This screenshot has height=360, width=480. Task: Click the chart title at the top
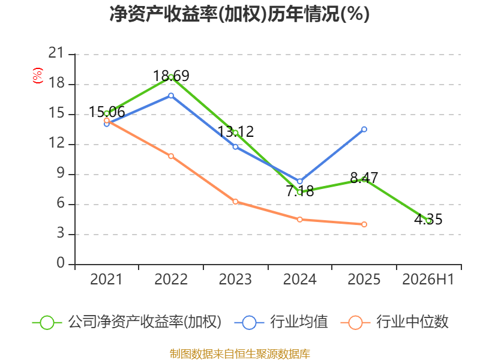coord(239,14)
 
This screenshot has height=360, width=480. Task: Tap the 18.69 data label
coord(171,76)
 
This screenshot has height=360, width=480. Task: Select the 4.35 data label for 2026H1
coord(428,219)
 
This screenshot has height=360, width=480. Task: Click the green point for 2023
coord(235,133)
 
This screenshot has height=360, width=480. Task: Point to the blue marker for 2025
coord(364,130)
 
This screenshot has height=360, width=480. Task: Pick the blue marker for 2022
coord(171,96)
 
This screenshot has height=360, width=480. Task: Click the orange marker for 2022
coord(171,156)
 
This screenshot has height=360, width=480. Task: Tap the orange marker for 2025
coord(364,224)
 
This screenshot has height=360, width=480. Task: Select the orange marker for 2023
coord(235,202)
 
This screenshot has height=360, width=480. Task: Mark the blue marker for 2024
coord(299,181)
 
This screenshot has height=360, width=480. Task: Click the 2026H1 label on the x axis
coord(428,279)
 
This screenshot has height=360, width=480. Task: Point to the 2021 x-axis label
coord(106,279)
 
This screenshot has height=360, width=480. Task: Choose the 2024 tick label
coord(299,279)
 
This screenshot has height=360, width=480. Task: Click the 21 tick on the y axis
coord(56,53)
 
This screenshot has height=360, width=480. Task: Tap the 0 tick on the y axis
coord(61,263)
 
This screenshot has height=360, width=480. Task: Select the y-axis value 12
coord(56,143)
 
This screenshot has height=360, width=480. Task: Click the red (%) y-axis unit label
coord(38,76)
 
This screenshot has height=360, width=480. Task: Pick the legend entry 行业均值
coord(281,322)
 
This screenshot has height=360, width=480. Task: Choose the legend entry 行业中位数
coord(395,322)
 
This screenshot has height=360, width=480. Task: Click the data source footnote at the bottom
coord(240,354)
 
